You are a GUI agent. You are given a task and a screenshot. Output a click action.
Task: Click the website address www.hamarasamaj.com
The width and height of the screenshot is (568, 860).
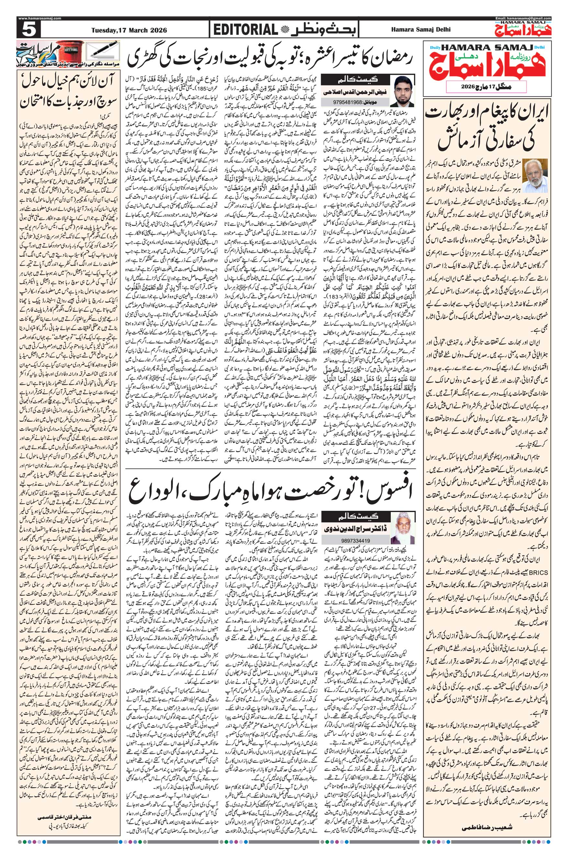(x=39, y=18)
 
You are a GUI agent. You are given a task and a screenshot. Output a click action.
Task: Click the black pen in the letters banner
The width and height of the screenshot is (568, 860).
(x=105, y=48)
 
